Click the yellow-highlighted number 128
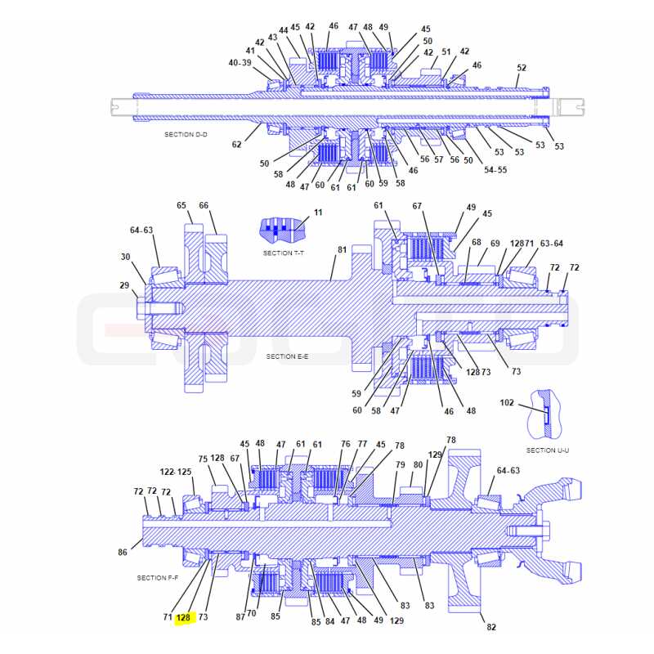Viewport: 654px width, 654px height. pyautogui.click(x=183, y=618)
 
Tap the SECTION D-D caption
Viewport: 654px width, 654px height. pyautogui.click(x=186, y=134)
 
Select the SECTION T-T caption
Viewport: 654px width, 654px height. pyautogui.click(x=284, y=253)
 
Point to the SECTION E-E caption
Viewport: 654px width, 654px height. pyautogui.click(x=288, y=356)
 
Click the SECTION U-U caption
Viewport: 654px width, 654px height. pyautogui.click(x=547, y=450)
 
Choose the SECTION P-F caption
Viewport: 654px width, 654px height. pyautogui.click(x=158, y=578)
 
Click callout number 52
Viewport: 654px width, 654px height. pyautogui.click(x=522, y=68)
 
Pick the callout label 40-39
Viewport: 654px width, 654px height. pyautogui.click(x=240, y=63)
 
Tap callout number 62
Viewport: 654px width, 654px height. pyautogui.click(x=236, y=145)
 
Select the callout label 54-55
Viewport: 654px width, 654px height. pyautogui.click(x=495, y=170)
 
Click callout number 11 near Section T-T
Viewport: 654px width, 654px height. pyautogui.click(x=318, y=213)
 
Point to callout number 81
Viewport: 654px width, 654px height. pyautogui.click(x=342, y=249)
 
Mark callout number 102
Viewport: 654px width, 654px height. pyautogui.click(x=507, y=402)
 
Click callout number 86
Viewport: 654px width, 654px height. pyautogui.click(x=122, y=553)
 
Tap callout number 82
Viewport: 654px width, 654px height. pyautogui.click(x=491, y=627)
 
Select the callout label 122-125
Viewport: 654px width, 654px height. pyautogui.click(x=176, y=472)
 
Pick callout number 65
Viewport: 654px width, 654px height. pyautogui.click(x=181, y=205)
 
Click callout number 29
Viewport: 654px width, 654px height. pyautogui.click(x=124, y=285)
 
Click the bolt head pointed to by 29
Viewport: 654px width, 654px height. pyautogui.click(x=141, y=309)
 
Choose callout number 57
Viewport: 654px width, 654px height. pyautogui.click(x=439, y=159)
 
